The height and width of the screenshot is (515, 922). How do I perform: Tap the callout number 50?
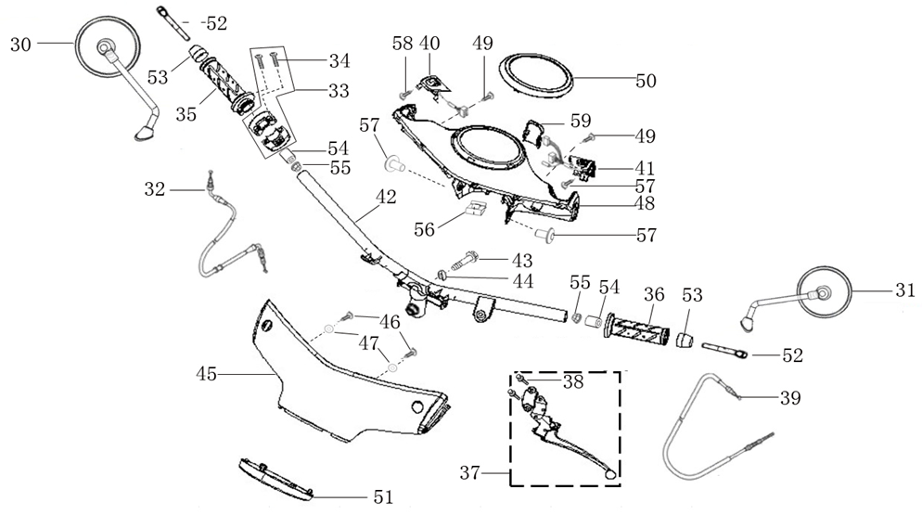(x=646, y=82)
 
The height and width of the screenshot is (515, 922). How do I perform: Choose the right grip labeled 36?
(x=638, y=328)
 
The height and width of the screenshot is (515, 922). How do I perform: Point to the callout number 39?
(x=789, y=397)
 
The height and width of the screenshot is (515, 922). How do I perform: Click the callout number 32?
(x=155, y=189)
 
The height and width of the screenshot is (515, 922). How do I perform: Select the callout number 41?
(x=644, y=169)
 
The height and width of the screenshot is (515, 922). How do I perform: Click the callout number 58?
(x=403, y=44)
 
